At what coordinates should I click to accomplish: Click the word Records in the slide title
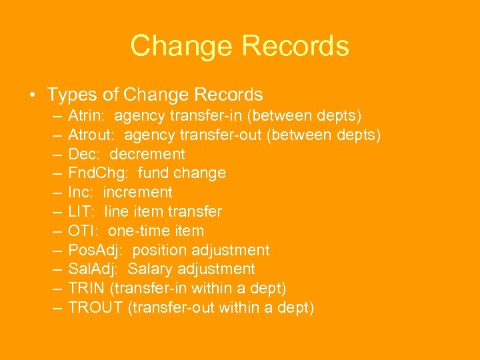click(x=295, y=46)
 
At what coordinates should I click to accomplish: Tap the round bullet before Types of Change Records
click(x=32, y=95)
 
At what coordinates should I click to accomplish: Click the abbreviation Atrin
click(x=87, y=116)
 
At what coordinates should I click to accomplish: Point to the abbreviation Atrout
click(x=92, y=135)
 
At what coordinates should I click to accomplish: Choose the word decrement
click(x=147, y=154)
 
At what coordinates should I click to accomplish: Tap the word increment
click(x=137, y=193)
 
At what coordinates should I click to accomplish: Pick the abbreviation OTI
click(x=83, y=231)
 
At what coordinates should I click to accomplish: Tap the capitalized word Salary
click(x=151, y=269)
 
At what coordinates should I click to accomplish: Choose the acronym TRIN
click(x=87, y=289)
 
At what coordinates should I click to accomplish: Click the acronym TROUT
click(x=93, y=308)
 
